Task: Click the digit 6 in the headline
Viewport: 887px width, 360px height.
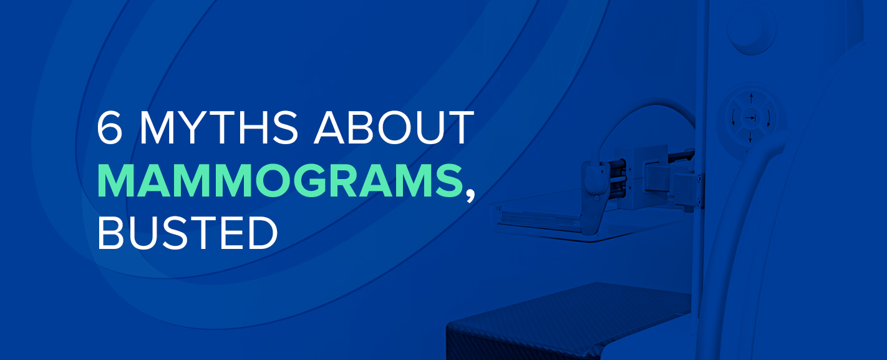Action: [109, 127]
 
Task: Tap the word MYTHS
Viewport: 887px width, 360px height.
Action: [218, 127]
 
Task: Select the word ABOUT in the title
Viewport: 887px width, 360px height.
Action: [394, 127]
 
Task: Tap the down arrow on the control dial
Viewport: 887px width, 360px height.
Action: [750, 136]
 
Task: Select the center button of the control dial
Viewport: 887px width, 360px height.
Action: [750, 117]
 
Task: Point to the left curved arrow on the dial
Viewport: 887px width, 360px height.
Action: [733, 118]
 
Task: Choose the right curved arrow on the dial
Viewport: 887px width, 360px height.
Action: [768, 118]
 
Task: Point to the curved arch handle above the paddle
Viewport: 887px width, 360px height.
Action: [641, 119]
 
